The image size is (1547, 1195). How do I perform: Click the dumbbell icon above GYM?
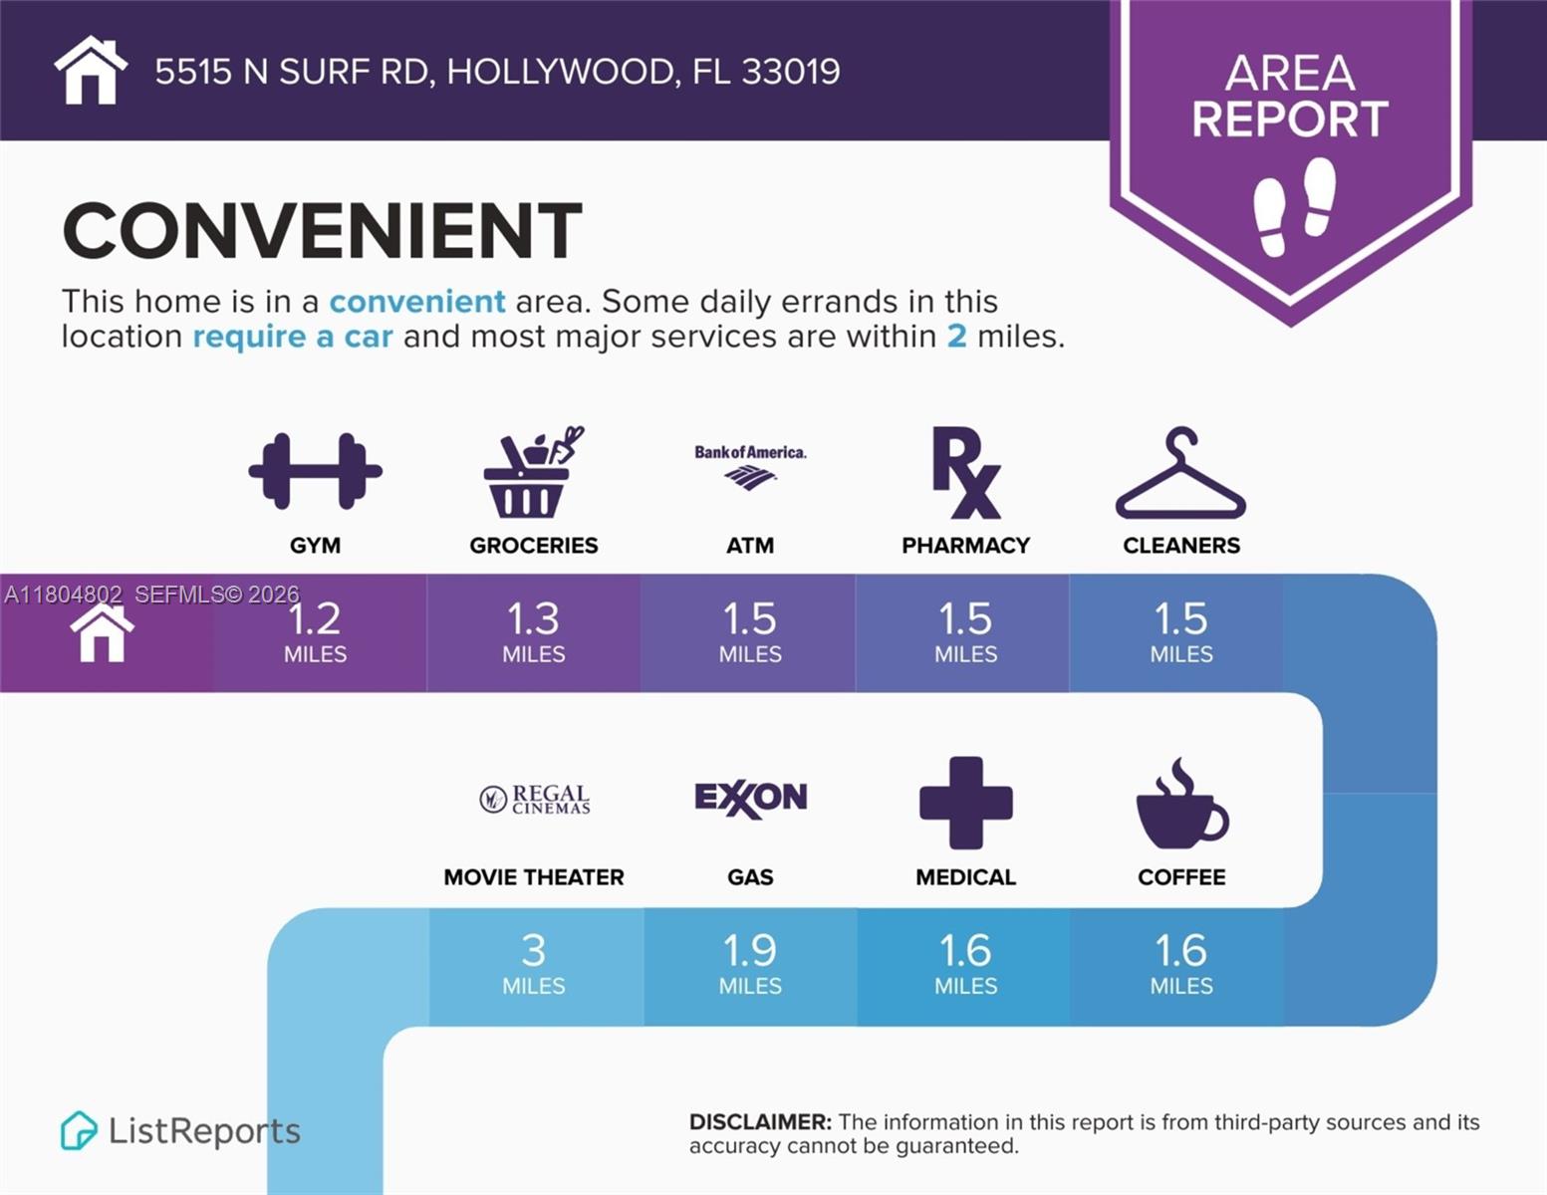[315, 471]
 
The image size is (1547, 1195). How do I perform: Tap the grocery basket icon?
[532, 473]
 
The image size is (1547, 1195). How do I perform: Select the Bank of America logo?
[750, 466]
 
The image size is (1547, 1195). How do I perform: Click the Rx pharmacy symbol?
[965, 473]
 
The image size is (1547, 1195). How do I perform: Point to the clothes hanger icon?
[1180, 475]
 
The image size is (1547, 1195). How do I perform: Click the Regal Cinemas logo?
[535, 799]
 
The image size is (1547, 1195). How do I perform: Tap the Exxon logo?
[750, 798]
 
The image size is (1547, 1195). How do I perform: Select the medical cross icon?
[965, 803]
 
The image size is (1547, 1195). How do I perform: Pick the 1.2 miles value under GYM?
[315, 631]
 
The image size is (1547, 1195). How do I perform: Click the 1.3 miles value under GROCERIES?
[534, 631]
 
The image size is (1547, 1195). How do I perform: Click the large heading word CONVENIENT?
[322, 231]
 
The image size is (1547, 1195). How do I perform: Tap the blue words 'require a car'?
[293, 337]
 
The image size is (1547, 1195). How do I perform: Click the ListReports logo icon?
[79, 1130]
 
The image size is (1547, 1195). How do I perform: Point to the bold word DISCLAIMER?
[759, 1122]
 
